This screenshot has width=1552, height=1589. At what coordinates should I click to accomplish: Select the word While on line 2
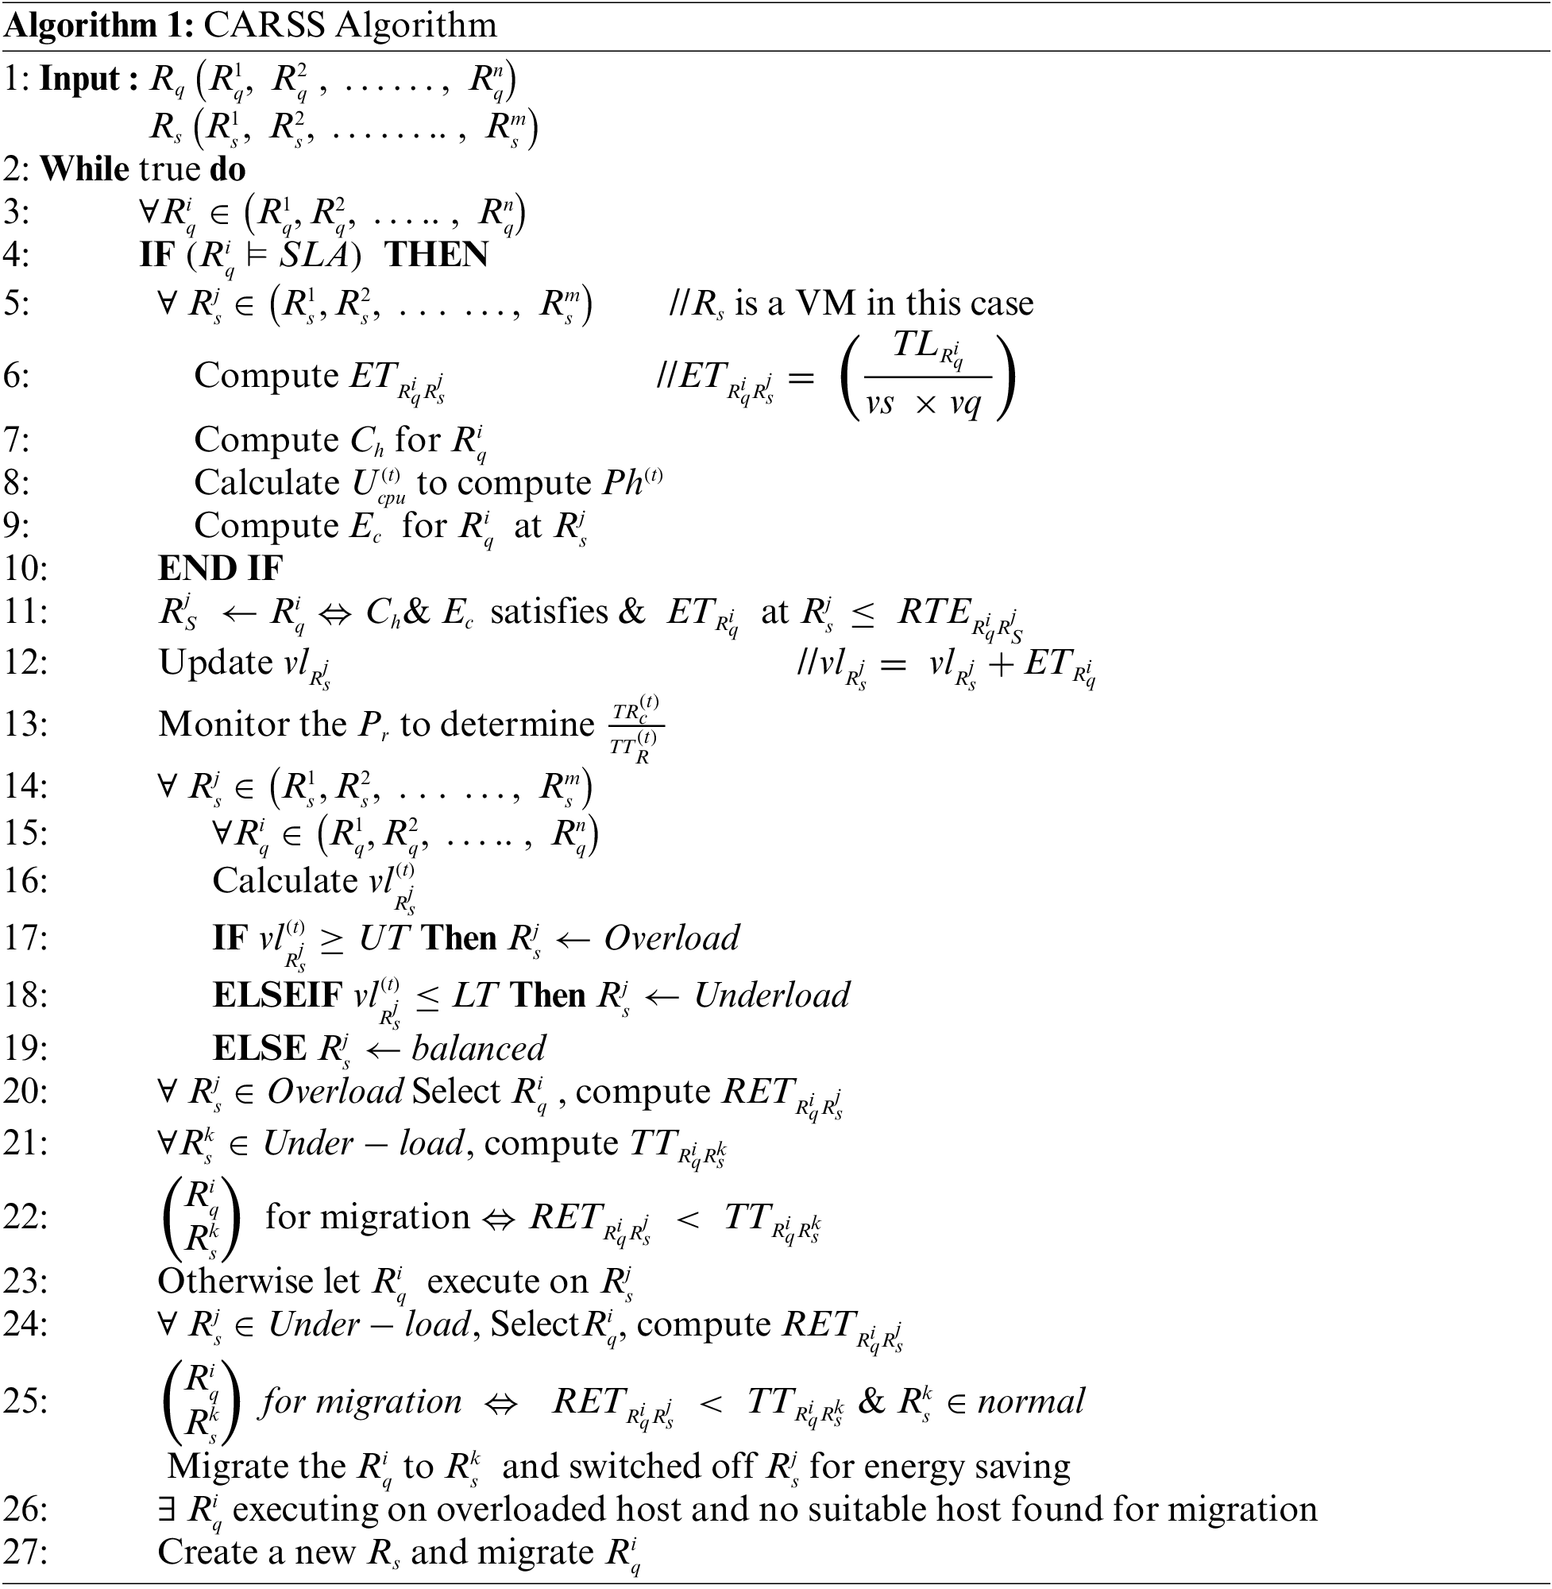[x=84, y=169]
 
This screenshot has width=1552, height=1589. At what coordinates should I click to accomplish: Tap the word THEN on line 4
[x=436, y=255]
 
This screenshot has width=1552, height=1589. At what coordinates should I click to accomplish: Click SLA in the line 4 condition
[x=314, y=256]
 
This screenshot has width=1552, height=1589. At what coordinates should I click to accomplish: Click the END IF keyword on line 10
[x=220, y=568]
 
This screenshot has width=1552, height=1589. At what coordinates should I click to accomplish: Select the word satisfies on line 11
[x=550, y=613]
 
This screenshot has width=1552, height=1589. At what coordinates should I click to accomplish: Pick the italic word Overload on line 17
[x=672, y=938]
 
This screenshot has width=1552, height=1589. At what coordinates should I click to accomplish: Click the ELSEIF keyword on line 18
[x=278, y=996]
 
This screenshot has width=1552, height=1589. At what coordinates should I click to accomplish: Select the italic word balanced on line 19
[x=478, y=1049]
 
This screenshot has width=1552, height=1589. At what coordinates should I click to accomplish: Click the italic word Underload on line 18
[x=771, y=996]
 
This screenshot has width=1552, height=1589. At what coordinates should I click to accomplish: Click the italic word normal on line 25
[x=1031, y=1401]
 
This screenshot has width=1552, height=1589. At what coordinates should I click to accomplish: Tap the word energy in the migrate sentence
[x=912, y=1467]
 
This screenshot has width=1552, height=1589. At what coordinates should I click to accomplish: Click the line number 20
[x=25, y=1092]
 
